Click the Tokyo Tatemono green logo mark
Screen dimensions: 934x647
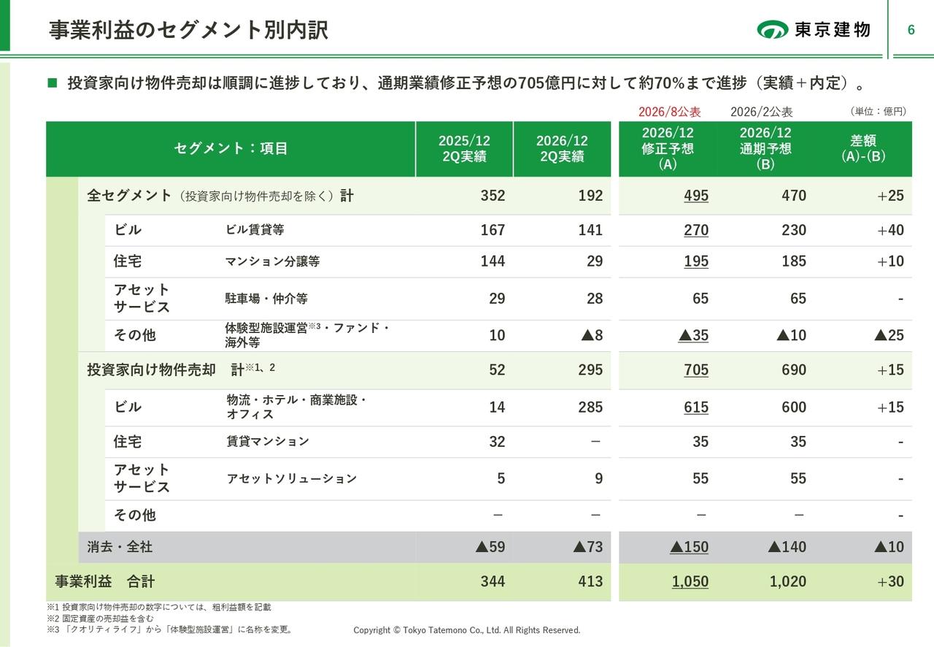(772, 29)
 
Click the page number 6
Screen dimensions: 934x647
(911, 30)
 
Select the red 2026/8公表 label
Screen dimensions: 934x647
(669, 112)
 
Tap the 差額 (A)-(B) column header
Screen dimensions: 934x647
(863, 148)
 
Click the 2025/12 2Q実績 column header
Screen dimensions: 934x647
(464, 148)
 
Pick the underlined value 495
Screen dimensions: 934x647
(696, 196)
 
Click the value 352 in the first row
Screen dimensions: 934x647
(493, 196)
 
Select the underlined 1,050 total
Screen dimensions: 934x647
(690, 581)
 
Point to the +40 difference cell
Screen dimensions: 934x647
(890, 230)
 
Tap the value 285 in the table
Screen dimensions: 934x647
(590, 407)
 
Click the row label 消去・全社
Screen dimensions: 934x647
(120, 547)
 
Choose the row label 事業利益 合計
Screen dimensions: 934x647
(104, 581)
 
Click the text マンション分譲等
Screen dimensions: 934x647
(272, 261)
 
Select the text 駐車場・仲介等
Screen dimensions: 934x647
(266, 299)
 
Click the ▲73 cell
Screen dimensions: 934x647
(588, 547)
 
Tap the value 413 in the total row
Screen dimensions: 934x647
(590, 581)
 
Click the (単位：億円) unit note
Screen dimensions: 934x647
(878, 112)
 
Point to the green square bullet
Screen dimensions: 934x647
(52, 83)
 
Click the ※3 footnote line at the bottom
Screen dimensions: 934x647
(170, 629)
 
